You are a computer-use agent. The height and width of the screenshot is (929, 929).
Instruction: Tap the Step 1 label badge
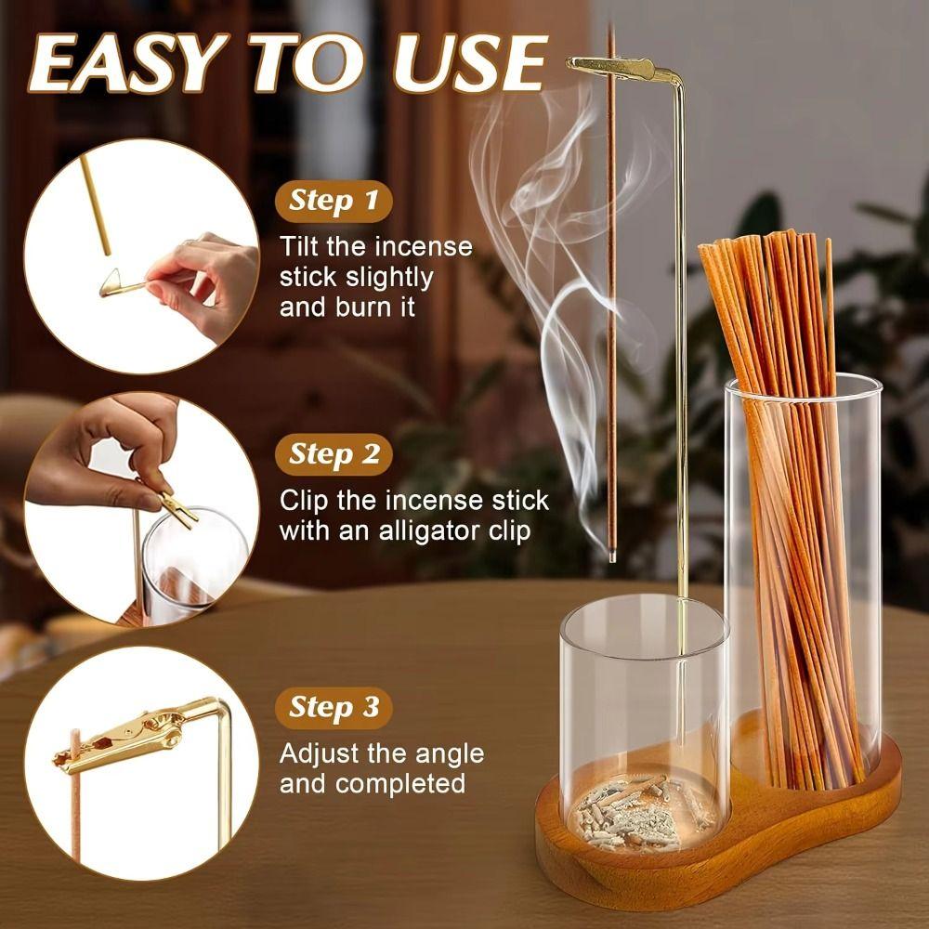334,200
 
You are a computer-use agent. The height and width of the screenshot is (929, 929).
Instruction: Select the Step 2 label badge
334,454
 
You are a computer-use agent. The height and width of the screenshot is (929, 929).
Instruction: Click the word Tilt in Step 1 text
302,247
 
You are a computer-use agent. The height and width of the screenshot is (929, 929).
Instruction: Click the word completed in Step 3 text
400,783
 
